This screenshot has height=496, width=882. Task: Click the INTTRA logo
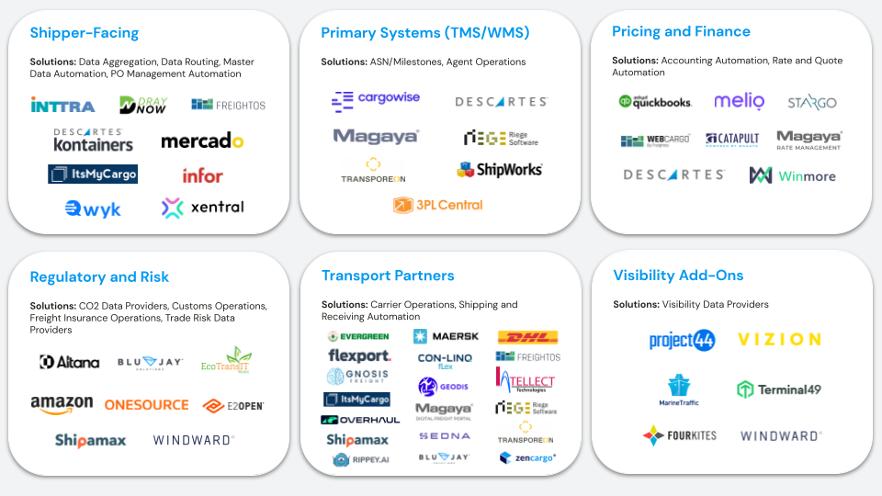62,105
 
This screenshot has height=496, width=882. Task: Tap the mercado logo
202,141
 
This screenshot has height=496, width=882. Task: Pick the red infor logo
202,175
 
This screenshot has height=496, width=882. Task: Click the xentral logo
203,208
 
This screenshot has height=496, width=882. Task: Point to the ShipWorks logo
499,169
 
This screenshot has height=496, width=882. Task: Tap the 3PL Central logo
437,205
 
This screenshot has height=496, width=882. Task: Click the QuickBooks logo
655,102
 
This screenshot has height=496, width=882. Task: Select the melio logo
739,102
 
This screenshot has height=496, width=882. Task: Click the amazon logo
62,404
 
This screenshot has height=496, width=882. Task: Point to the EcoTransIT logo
226,360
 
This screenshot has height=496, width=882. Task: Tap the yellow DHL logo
527,337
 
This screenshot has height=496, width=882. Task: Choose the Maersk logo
446,336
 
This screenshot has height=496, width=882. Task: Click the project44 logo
682,340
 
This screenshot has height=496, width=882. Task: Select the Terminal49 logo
778,389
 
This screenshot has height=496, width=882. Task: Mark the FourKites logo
680,435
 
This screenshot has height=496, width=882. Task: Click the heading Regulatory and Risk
99,276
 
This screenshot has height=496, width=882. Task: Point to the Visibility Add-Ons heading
678,276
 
